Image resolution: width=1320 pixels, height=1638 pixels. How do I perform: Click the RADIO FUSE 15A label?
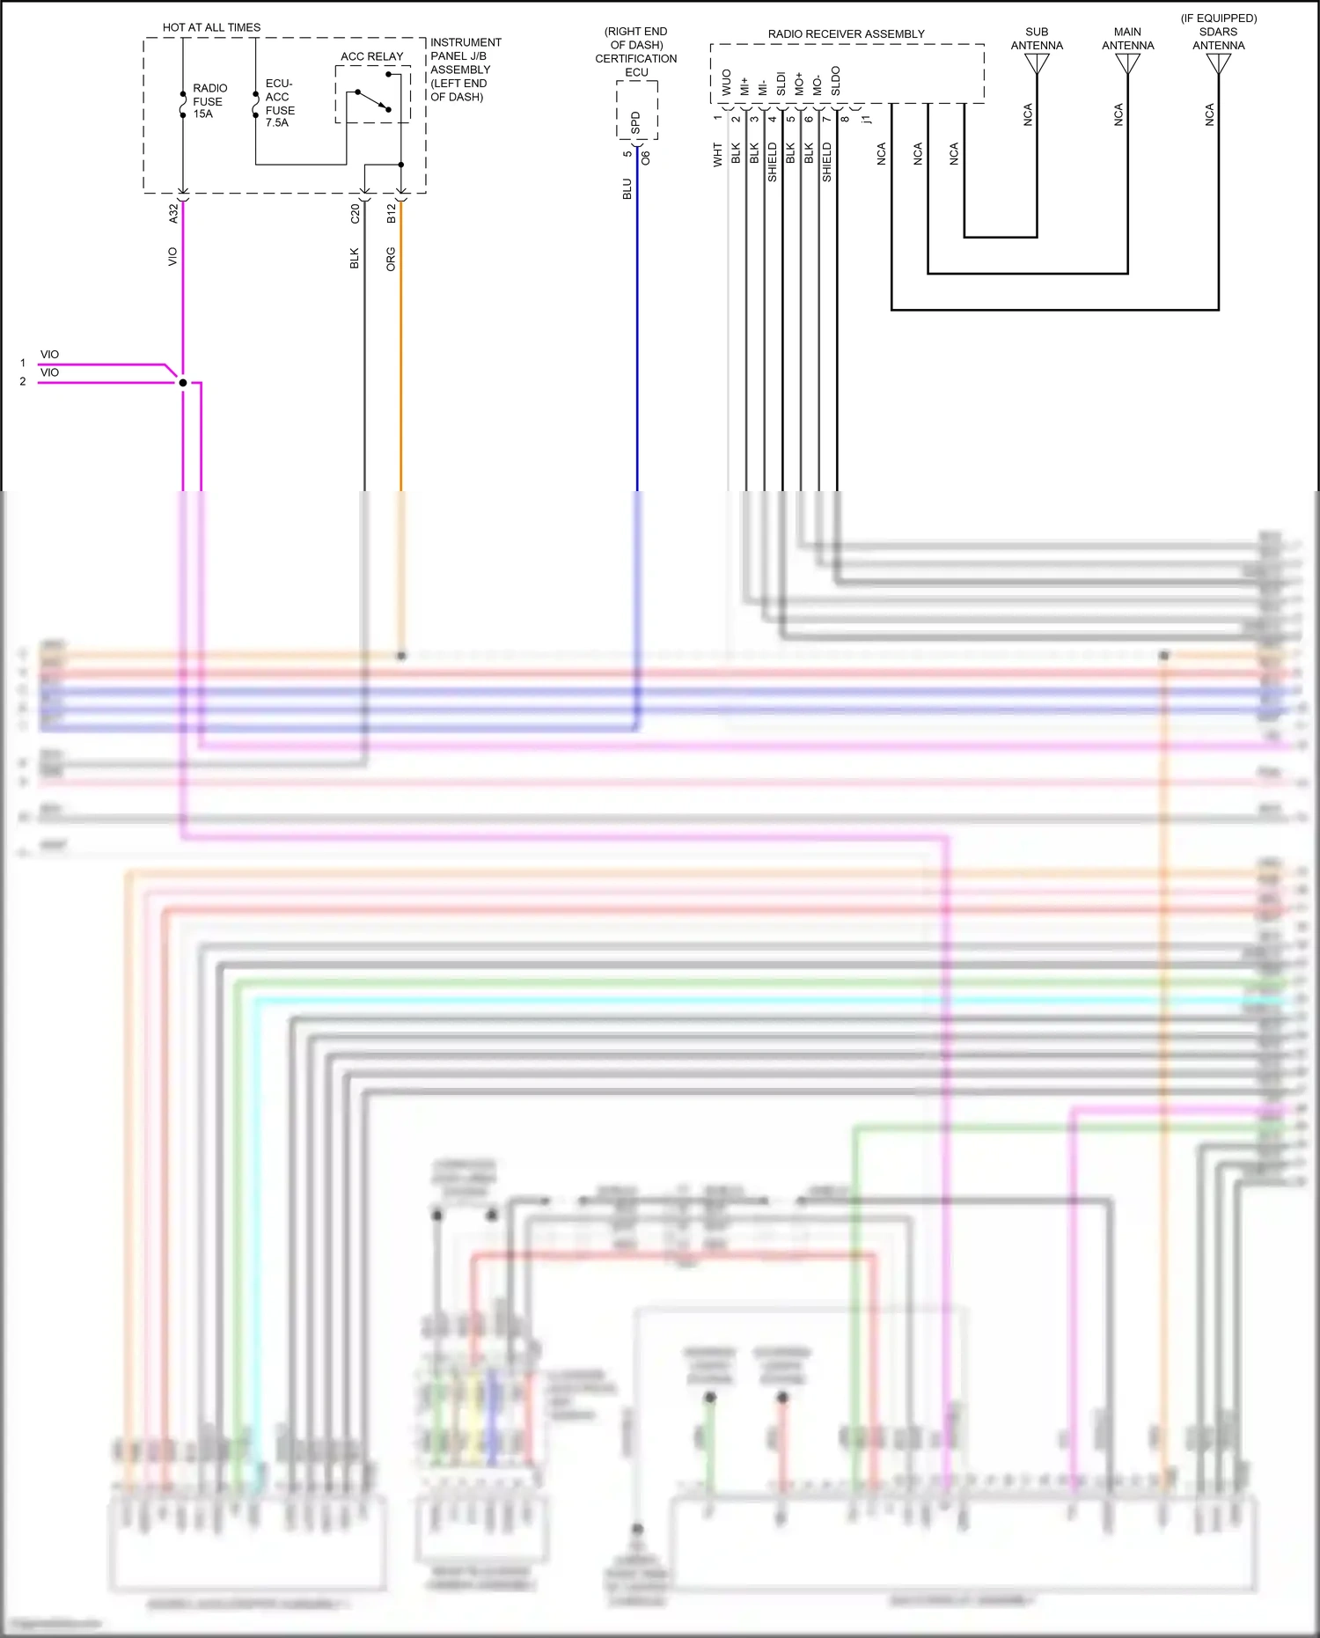coord(209,101)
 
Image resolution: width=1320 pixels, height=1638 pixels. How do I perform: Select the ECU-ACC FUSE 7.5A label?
coord(279,103)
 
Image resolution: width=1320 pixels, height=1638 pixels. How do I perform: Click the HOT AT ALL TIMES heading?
coord(211,27)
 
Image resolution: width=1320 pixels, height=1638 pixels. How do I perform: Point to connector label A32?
coord(173,213)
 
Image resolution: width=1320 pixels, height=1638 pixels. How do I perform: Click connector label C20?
coord(355,213)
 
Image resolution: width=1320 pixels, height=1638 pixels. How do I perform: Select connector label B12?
coord(392,213)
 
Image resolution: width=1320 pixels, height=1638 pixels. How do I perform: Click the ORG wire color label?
coord(391,259)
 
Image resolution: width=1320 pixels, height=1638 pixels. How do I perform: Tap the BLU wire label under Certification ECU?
coord(627,189)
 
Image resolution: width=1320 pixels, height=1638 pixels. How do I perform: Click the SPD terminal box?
coord(636,122)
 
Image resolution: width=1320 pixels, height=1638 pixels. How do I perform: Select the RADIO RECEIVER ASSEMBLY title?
coord(846,34)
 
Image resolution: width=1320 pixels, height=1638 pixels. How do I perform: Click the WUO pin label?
coord(727,83)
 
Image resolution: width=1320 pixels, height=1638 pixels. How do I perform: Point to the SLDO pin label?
coord(836,81)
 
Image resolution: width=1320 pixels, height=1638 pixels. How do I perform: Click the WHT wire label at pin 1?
coord(717,155)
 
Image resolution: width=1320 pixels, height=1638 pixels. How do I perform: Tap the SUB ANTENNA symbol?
coord(1037,64)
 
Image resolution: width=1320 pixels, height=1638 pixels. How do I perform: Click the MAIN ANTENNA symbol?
coord(1127,64)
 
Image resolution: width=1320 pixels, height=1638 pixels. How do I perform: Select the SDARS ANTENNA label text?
coord(1218,33)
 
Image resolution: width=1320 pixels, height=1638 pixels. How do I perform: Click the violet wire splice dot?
coord(183,383)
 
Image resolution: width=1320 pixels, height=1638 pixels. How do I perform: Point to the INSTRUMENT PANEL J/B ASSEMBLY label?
coord(465,70)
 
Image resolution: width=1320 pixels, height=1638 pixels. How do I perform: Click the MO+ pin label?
coord(799,84)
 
